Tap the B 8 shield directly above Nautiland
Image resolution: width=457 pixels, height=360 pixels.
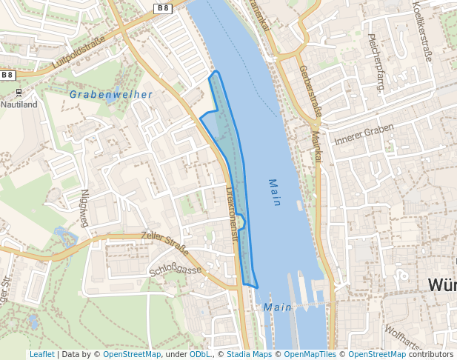pos(7,75)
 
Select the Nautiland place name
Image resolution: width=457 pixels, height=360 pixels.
pos(19,104)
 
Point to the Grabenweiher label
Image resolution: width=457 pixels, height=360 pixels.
pos(111,95)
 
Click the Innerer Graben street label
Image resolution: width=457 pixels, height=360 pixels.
pos(364,133)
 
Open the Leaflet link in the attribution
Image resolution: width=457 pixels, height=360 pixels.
pos(41,354)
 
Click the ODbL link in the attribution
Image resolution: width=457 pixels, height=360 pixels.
pos(199,354)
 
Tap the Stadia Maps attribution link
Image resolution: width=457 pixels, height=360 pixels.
pos(247,354)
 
